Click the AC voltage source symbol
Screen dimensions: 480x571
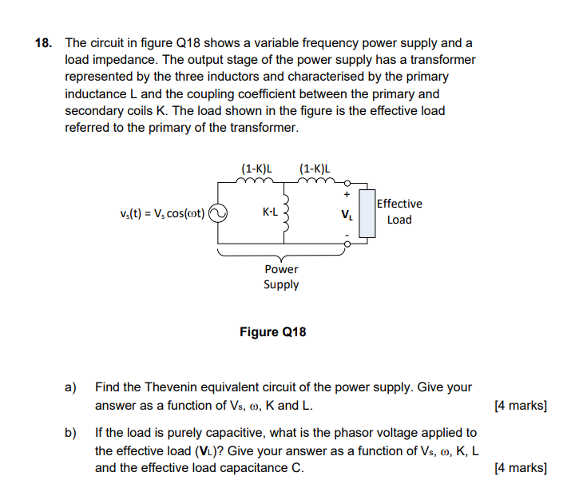click(x=218, y=213)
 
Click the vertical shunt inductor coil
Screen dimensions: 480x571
click(x=282, y=213)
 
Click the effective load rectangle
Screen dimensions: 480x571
click(x=367, y=213)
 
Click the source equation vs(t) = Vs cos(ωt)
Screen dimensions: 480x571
click(x=162, y=213)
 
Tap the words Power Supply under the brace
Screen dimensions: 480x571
click(x=281, y=277)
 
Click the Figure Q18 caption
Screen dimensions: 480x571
click(x=272, y=331)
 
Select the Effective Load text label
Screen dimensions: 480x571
click(x=399, y=212)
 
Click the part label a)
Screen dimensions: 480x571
click(x=70, y=387)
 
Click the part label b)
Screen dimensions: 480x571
click(x=70, y=433)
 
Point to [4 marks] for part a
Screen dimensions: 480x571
click(x=521, y=406)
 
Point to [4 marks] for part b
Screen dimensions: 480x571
click(x=521, y=468)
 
